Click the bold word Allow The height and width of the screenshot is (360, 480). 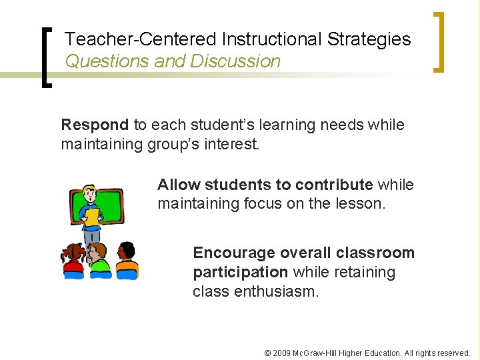[x=179, y=185]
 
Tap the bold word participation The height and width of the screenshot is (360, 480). [x=240, y=273]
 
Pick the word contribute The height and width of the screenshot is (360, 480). [x=333, y=185]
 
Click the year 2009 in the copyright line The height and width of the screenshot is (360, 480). [x=284, y=353]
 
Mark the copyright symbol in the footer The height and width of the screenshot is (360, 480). [x=268, y=353]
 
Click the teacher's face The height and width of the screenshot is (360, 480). [x=90, y=195]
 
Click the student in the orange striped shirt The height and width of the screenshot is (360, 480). [x=127, y=261]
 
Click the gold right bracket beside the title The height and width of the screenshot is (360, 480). [x=438, y=41]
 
